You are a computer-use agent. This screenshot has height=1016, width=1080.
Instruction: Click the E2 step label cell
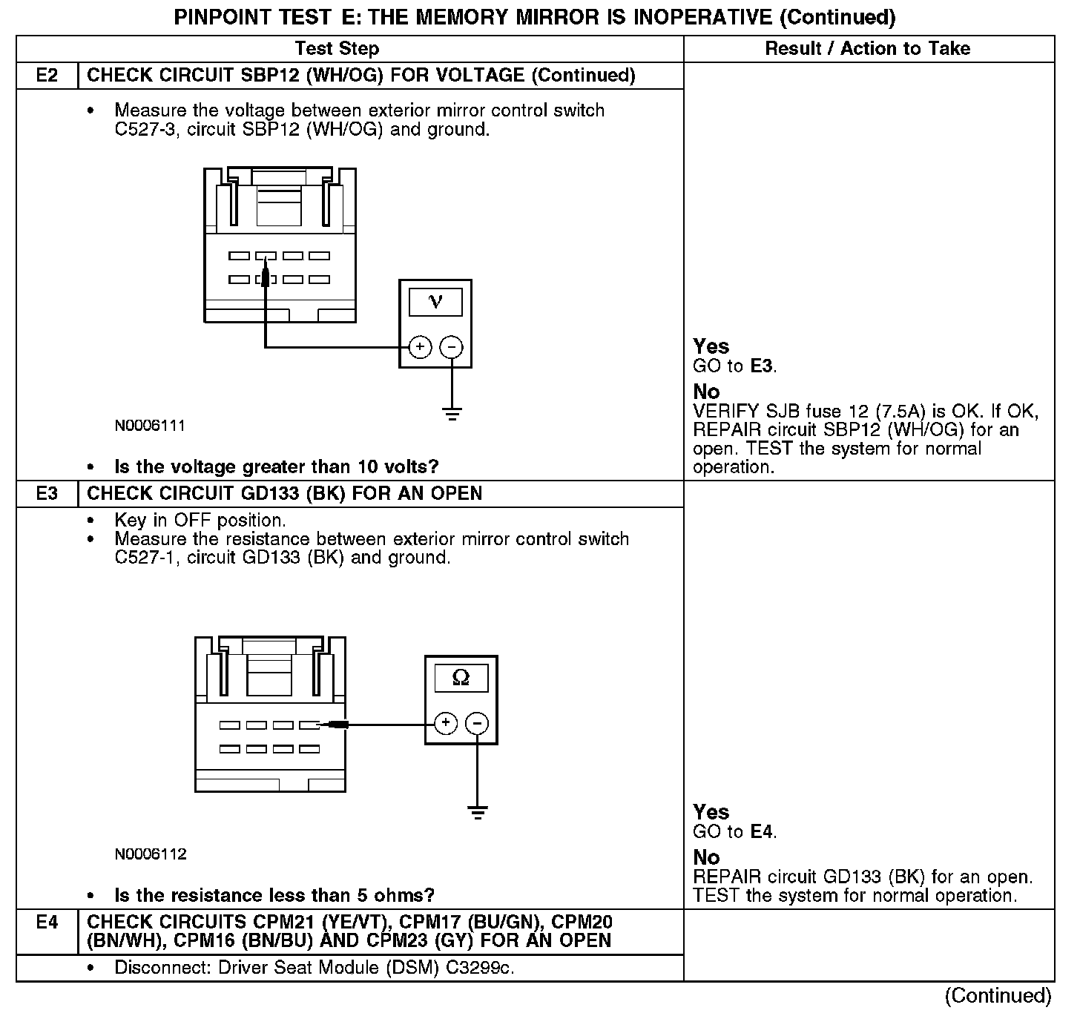tap(47, 76)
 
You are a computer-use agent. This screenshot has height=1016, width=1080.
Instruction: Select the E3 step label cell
tap(47, 494)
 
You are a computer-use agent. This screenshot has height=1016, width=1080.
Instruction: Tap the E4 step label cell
tap(47, 923)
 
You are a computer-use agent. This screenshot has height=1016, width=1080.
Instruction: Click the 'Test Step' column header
tap(337, 49)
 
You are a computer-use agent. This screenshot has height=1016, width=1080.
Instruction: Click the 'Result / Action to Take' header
tap(867, 49)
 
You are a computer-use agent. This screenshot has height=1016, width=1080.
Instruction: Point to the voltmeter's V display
tap(435, 302)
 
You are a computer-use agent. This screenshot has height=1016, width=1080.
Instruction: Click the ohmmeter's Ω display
tap(461, 678)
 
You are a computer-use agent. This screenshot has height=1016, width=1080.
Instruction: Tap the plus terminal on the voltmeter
tap(420, 347)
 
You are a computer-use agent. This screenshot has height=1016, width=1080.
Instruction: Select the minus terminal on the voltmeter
tap(452, 347)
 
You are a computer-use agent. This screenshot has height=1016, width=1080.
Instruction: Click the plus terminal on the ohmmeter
tap(445, 723)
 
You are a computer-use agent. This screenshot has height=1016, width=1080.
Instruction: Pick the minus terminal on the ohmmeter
tap(477, 723)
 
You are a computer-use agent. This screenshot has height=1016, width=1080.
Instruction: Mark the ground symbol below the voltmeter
tap(452, 414)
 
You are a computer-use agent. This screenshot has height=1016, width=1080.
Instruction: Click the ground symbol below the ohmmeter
tap(478, 812)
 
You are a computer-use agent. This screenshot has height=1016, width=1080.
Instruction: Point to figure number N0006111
tap(150, 426)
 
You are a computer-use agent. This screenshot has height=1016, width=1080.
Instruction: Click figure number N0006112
tap(151, 854)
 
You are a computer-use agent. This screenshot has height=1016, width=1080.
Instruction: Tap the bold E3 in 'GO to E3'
tap(762, 366)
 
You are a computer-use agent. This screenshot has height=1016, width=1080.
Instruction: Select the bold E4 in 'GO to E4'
tap(762, 832)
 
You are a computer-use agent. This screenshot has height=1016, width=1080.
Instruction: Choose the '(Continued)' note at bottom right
tap(998, 995)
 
